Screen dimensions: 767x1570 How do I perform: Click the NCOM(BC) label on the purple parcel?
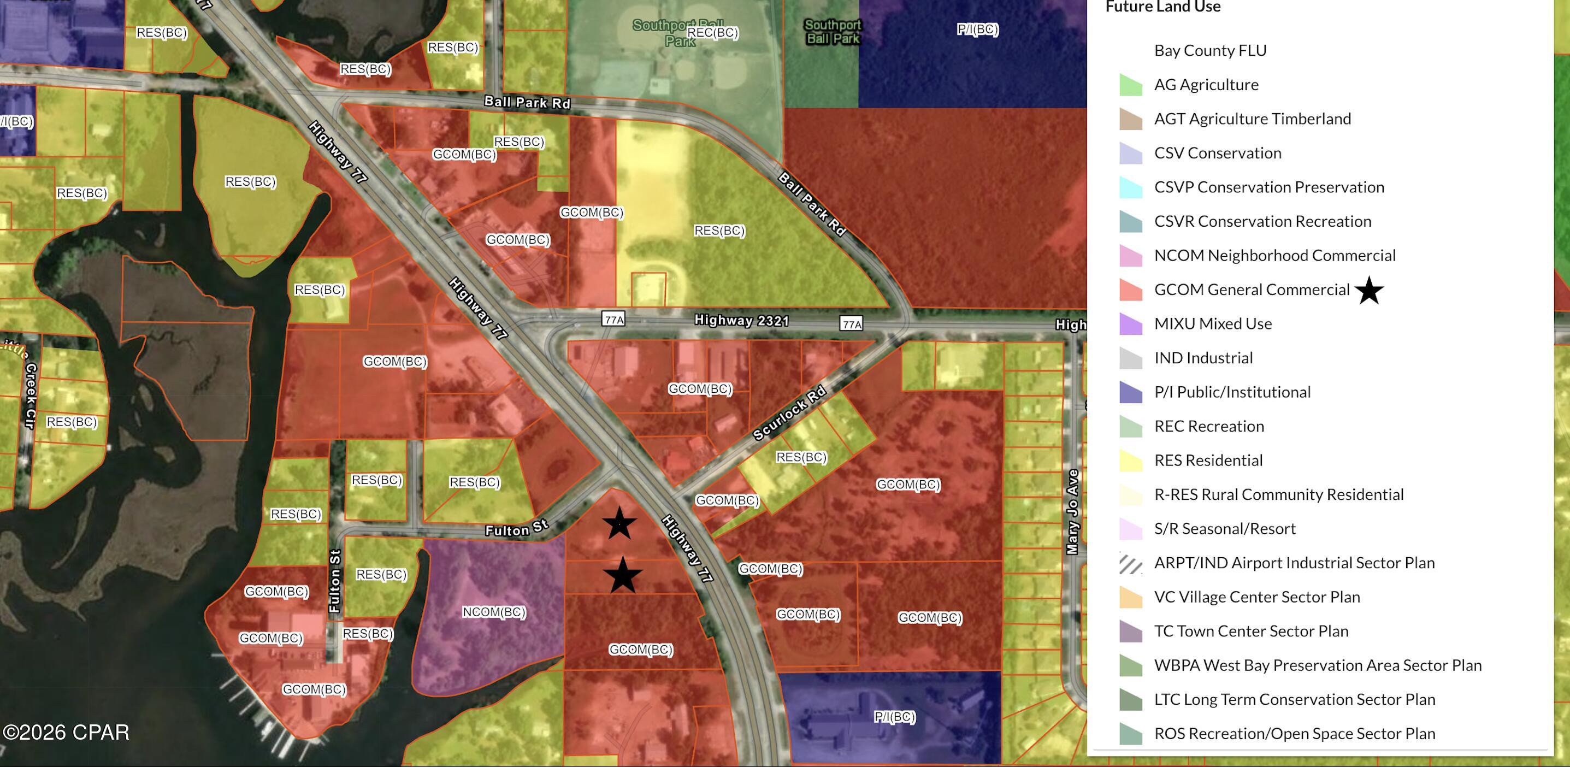point(494,611)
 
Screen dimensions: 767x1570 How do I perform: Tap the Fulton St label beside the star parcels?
point(517,528)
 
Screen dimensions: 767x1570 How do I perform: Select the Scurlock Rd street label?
point(789,414)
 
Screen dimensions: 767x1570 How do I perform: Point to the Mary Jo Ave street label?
point(1073,511)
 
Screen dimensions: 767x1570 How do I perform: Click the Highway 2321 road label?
point(741,320)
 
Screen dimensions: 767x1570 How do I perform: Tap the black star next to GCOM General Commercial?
point(1369,290)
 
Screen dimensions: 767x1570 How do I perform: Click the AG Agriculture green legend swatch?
point(1131,85)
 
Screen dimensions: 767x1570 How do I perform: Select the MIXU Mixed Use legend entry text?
point(1213,324)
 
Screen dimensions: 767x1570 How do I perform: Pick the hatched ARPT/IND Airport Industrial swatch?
point(1131,563)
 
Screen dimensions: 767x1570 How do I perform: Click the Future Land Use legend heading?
point(1163,7)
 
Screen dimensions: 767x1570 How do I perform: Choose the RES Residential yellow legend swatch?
point(1131,461)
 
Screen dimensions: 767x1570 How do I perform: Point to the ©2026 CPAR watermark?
point(66,732)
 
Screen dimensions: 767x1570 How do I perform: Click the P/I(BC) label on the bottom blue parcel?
point(894,717)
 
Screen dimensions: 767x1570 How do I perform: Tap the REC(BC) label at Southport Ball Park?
point(712,32)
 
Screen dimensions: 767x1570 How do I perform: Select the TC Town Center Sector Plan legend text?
point(1250,631)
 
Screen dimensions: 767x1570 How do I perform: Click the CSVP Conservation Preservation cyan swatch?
point(1131,187)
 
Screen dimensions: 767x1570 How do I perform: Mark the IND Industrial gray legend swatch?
point(1131,358)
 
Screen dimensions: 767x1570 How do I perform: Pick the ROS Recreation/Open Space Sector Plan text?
point(1295,734)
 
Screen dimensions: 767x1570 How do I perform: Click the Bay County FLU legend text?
point(1210,51)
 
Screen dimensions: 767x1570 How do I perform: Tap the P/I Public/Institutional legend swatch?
point(1131,392)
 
